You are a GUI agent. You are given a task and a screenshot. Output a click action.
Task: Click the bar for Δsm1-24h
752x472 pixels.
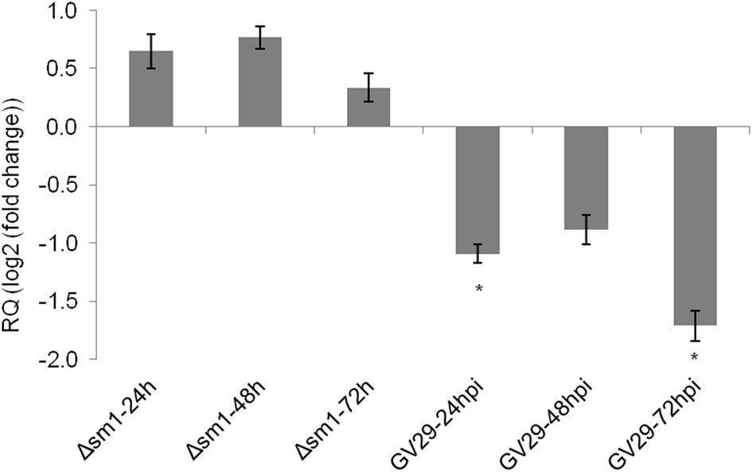click(x=151, y=89)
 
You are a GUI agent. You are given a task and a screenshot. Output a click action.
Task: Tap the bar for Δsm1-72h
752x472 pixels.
click(x=368, y=107)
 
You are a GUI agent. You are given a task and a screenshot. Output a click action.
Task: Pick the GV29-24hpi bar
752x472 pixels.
click(x=477, y=189)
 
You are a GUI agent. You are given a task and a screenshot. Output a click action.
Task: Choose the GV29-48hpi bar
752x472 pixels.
click(x=586, y=177)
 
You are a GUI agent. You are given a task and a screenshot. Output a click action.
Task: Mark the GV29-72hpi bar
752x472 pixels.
click(x=695, y=225)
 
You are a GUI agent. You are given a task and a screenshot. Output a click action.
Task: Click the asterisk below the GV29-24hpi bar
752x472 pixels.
click(x=478, y=289)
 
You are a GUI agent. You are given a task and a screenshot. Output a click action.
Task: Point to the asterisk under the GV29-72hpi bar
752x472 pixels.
click(x=695, y=357)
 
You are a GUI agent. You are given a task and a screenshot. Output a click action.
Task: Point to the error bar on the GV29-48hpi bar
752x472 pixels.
click(x=586, y=229)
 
